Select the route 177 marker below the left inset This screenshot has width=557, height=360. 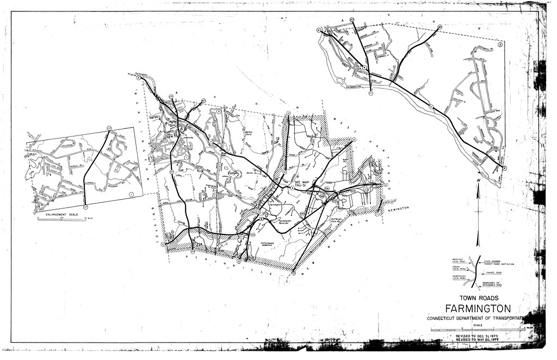(x=85, y=207)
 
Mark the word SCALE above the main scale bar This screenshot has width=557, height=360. (x=477, y=325)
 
